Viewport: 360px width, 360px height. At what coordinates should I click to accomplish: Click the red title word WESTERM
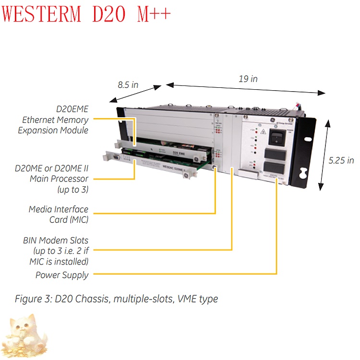(43, 14)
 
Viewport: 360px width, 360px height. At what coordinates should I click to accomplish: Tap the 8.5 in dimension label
(128, 85)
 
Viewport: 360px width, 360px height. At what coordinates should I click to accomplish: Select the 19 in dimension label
(248, 79)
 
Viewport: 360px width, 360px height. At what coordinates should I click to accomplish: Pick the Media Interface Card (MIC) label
(59, 215)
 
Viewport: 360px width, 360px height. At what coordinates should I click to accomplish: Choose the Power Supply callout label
(62, 275)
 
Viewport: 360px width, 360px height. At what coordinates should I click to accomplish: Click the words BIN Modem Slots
(56, 240)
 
